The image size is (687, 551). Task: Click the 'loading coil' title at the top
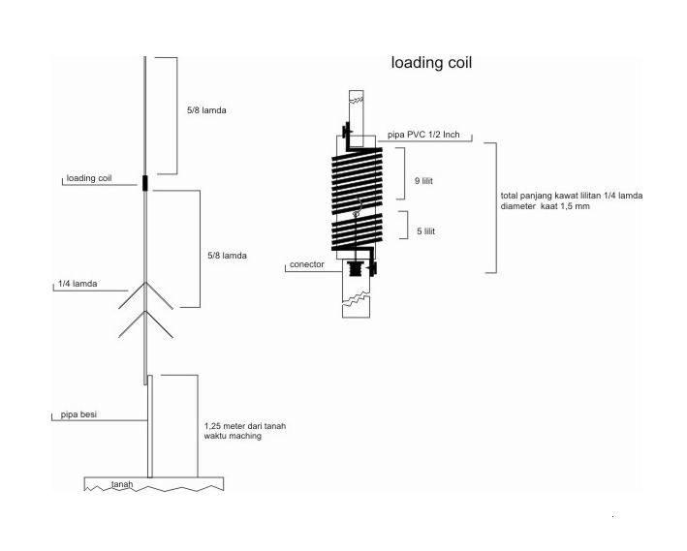pyautogui.click(x=431, y=63)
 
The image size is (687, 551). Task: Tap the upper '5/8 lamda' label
pyautogui.click(x=206, y=110)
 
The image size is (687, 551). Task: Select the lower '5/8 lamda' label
pyautogui.click(x=227, y=256)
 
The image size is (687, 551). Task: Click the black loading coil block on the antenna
pyautogui.click(x=145, y=183)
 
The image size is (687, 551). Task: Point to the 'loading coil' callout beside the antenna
pyautogui.click(x=89, y=178)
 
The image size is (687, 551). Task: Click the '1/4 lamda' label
pyautogui.click(x=78, y=284)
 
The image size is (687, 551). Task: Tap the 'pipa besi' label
pyautogui.click(x=78, y=414)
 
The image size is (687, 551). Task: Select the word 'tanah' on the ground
pyautogui.click(x=122, y=484)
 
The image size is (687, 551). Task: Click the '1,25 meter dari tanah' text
pyautogui.click(x=245, y=426)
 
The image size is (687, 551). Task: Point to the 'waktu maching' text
pyautogui.click(x=233, y=436)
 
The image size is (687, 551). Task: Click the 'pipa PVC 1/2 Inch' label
pyautogui.click(x=423, y=135)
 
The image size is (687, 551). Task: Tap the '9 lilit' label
pyautogui.click(x=423, y=181)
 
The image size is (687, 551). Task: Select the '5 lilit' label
pyautogui.click(x=426, y=231)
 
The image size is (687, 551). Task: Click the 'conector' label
pyautogui.click(x=307, y=264)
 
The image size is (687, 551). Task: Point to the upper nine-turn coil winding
pyautogui.click(x=358, y=180)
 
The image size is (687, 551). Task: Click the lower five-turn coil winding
pyautogui.click(x=358, y=231)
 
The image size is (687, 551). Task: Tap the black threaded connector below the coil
pyautogui.click(x=356, y=269)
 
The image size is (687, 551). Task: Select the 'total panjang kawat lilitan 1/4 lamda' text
pyautogui.click(x=572, y=196)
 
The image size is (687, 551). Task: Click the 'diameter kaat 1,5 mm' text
pyautogui.click(x=545, y=206)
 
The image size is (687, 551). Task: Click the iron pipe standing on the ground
pyautogui.click(x=150, y=426)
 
